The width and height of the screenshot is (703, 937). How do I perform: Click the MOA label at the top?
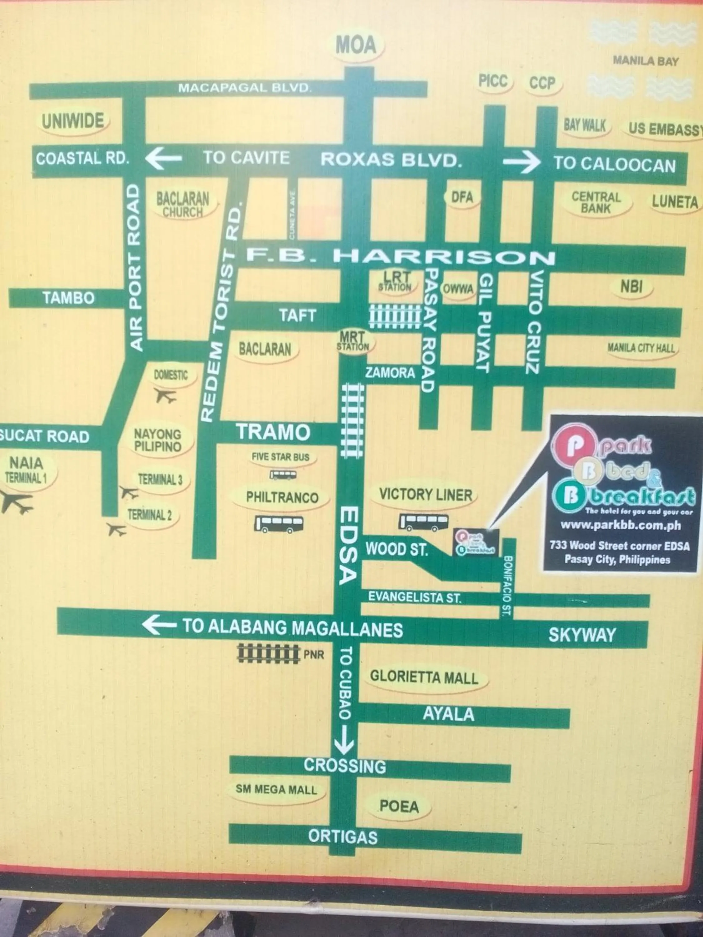click(x=356, y=45)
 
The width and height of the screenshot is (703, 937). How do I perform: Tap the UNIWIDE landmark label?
click(x=73, y=121)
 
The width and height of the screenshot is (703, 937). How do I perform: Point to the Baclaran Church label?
click(x=183, y=205)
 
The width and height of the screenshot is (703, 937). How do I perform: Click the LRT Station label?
click(x=396, y=282)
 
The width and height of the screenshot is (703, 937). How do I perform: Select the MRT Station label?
click(x=352, y=341)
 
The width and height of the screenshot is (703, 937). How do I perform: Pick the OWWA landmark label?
click(x=458, y=289)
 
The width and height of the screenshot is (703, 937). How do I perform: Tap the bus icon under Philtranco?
click(x=278, y=524)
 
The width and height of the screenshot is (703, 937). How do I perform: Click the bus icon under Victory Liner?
click(x=423, y=522)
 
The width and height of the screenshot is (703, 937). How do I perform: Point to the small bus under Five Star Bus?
click(x=283, y=474)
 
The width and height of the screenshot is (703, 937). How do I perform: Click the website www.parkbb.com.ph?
click(x=621, y=525)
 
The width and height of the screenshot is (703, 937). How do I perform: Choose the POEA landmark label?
click(x=399, y=806)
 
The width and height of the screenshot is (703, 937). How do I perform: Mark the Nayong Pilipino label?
click(x=158, y=440)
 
